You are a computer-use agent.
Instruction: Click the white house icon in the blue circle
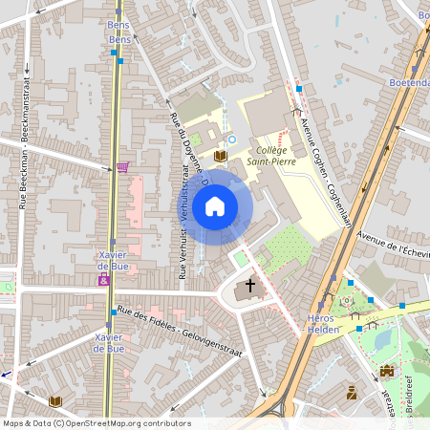point(215,205)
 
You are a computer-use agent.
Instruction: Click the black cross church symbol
point(251,285)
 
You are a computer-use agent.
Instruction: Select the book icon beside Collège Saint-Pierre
point(221,156)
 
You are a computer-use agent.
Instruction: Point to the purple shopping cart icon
point(122,166)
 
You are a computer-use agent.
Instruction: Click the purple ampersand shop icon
point(103,280)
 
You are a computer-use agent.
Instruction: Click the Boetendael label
point(409,83)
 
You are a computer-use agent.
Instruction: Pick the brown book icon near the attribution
point(54,401)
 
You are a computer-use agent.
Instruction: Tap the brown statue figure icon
point(352,392)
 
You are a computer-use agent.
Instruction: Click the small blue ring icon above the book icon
point(230,139)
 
